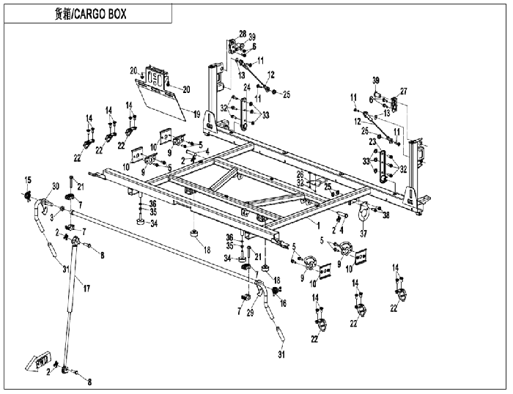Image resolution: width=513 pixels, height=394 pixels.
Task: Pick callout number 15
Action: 29,180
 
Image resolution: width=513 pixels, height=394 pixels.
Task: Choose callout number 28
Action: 243,34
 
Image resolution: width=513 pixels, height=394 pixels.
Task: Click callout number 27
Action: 402,91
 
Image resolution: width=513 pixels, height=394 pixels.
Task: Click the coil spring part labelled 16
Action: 277,291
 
